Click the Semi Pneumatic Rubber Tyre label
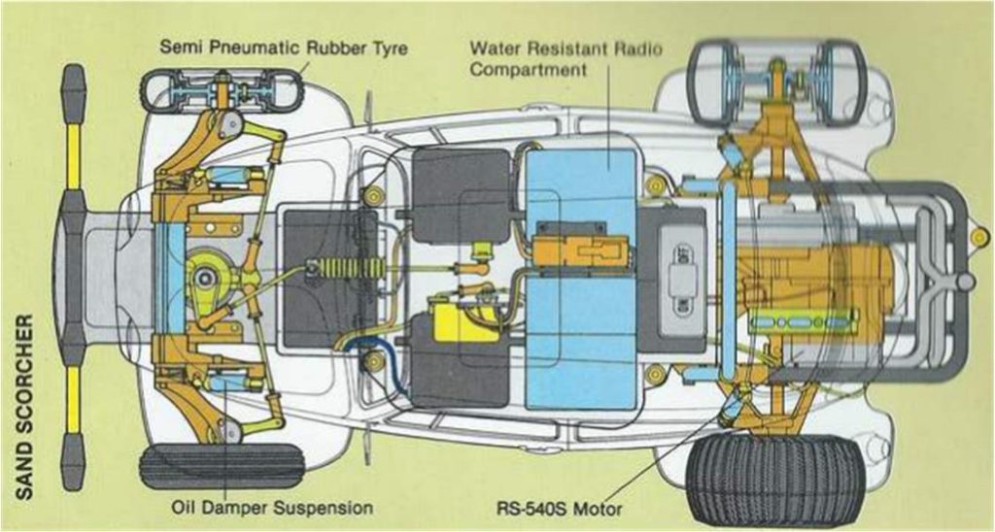click(x=283, y=48)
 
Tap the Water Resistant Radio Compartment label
click(x=566, y=59)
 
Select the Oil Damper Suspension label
click(x=272, y=508)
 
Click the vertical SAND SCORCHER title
click(x=23, y=406)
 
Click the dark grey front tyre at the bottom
click(x=223, y=465)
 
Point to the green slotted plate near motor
click(x=803, y=322)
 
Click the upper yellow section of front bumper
click(x=74, y=156)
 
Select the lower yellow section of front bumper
click(x=74, y=399)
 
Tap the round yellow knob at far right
click(x=979, y=237)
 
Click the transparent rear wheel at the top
click(x=777, y=83)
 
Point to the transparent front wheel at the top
click(x=223, y=89)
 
